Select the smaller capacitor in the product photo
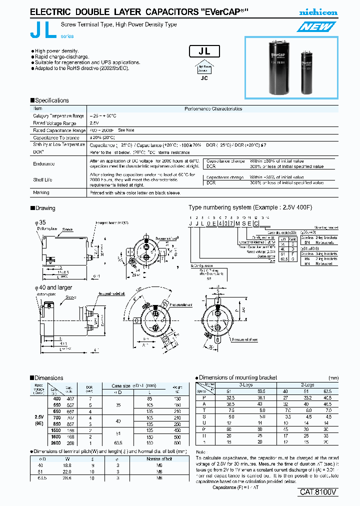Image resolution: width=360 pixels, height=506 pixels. [x=307, y=72]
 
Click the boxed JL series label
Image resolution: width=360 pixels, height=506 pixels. [x=204, y=51]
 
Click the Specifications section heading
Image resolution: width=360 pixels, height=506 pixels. [x=51, y=100]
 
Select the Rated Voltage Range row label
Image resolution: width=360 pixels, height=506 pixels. [x=54, y=123]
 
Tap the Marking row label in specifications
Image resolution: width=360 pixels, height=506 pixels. [x=41, y=192]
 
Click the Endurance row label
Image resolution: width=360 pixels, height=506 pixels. [x=44, y=164]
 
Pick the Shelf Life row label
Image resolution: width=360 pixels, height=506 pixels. [x=42, y=179]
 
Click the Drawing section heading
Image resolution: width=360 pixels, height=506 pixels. [x=45, y=208]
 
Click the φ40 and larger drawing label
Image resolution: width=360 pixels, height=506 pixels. [x=52, y=287]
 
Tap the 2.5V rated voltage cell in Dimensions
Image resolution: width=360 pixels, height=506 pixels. [x=38, y=416]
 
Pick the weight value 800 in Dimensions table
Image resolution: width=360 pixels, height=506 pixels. [x=177, y=443]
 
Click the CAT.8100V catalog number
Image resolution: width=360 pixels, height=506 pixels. [x=318, y=492]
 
